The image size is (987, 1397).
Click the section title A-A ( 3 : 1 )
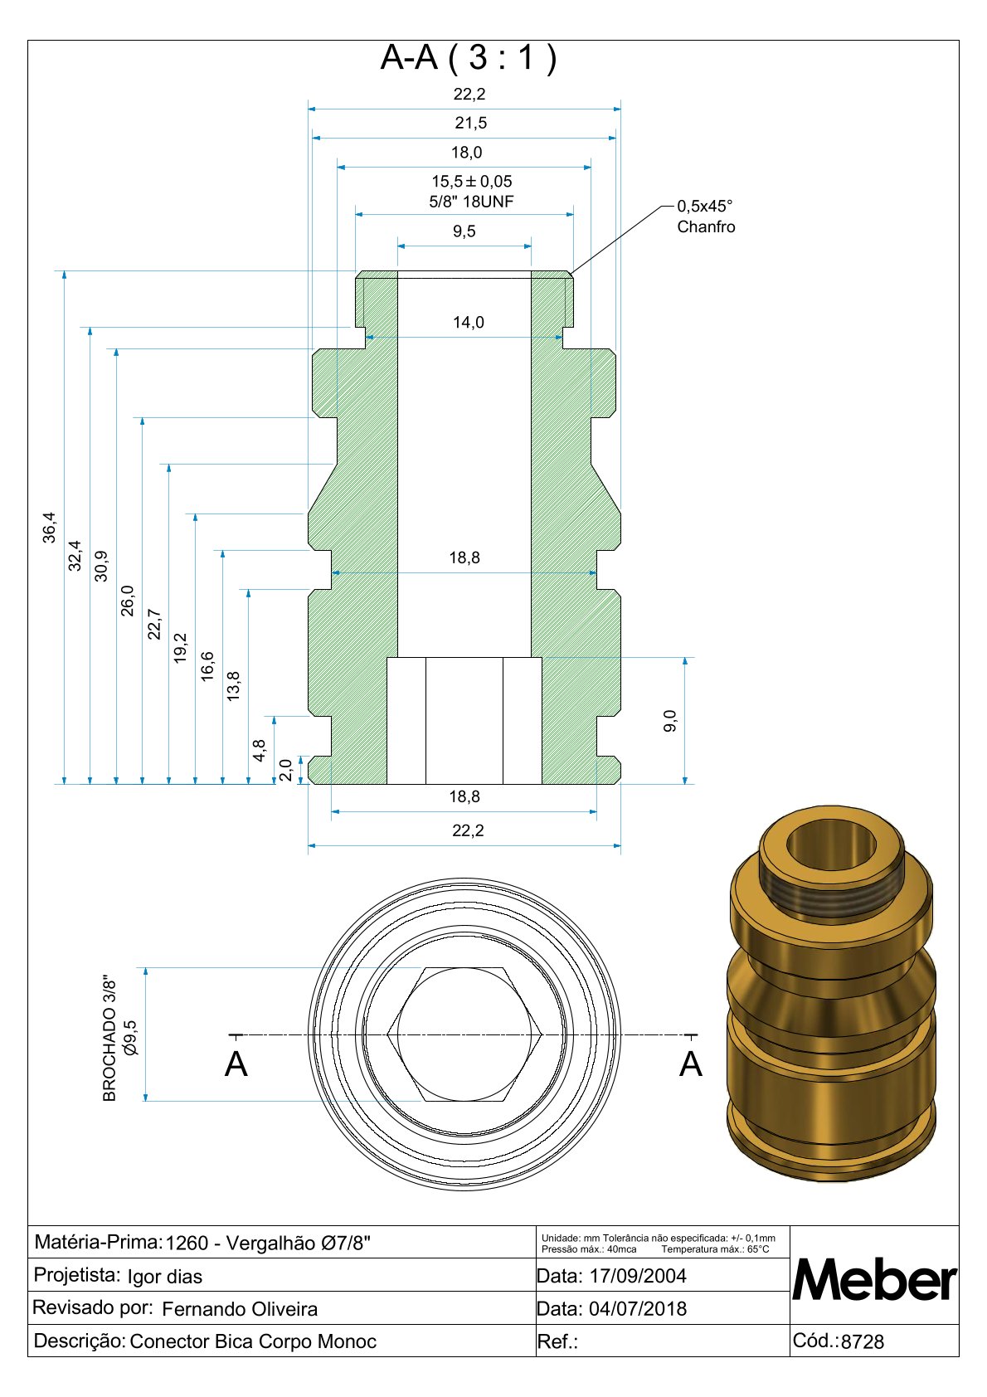(x=469, y=58)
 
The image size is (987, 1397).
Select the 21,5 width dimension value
(x=470, y=123)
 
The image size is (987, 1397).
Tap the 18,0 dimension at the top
(x=466, y=152)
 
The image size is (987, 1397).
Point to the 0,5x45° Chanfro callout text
(x=706, y=217)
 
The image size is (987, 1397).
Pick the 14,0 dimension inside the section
(x=469, y=322)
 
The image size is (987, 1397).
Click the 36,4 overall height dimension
(x=50, y=528)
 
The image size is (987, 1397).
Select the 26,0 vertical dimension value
(x=128, y=600)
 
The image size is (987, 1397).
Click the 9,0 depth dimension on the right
(x=671, y=720)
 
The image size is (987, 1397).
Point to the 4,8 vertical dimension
(x=260, y=750)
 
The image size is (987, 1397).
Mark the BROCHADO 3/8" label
(x=109, y=1038)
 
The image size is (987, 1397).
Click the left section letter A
(x=236, y=1064)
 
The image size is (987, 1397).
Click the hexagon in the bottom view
(x=464, y=1034)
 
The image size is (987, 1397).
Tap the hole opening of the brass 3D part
(x=830, y=845)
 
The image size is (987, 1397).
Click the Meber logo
(x=874, y=1280)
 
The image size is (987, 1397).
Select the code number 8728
(x=863, y=1341)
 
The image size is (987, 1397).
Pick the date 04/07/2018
(x=637, y=1308)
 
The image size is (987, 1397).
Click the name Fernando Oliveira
(x=240, y=1308)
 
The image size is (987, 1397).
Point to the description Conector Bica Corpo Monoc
(x=253, y=1341)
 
